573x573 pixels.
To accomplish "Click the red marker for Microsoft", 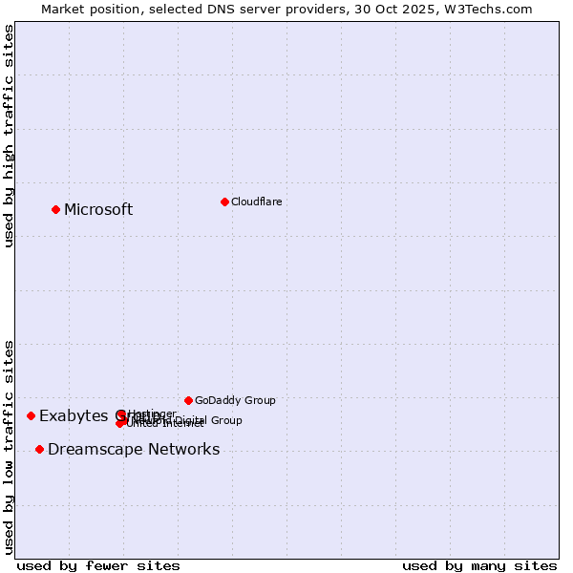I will coord(55,209).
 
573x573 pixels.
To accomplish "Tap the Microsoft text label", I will coord(98,210).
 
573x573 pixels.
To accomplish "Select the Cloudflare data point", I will coord(224,202).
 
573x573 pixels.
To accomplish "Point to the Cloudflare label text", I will coord(256,202).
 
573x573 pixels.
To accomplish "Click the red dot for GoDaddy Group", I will coord(188,400).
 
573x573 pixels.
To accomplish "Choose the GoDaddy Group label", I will coord(235,401).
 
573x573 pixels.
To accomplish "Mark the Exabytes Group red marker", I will coord(31,415).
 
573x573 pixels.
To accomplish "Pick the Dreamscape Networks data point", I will coord(39,449).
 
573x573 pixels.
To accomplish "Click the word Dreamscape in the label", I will coord(88,450).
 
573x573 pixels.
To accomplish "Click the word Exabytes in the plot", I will coord(74,416).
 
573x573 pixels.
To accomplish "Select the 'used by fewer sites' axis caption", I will coord(98,565).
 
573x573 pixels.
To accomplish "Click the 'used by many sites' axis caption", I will coord(479,565).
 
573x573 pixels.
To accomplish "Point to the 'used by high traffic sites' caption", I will coord(10,136).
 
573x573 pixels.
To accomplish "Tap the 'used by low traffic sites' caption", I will coord(10,446).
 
